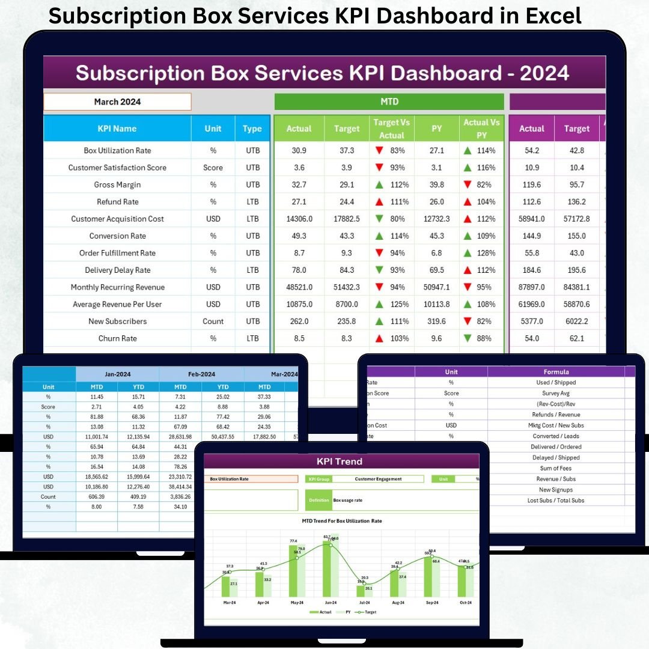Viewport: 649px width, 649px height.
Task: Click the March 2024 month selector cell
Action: click(117, 102)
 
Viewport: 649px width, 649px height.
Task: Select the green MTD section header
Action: click(389, 102)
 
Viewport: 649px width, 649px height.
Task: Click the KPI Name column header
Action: click(117, 129)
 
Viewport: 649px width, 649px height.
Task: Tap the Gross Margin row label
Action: click(117, 184)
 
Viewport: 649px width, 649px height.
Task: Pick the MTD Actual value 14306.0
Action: click(299, 219)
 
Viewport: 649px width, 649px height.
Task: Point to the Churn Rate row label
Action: click(117, 338)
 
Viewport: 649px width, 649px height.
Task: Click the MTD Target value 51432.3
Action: click(347, 287)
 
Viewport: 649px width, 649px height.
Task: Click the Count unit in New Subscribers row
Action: click(213, 321)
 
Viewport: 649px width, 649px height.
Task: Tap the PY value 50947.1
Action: click(437, 287)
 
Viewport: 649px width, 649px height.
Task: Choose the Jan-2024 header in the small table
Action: click(117, 374)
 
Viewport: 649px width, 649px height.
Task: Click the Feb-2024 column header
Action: click(201, 374)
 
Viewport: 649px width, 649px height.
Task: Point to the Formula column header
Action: click(556, 372)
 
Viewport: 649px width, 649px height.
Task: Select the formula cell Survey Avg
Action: click(556, 393)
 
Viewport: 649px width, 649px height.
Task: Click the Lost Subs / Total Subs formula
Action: click(556, 500)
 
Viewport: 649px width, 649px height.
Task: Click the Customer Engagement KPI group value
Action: click(379, 479)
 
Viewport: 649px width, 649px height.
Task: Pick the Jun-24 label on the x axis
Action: click(331, 602)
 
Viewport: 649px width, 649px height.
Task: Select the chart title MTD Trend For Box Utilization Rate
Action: click(341, 521)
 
